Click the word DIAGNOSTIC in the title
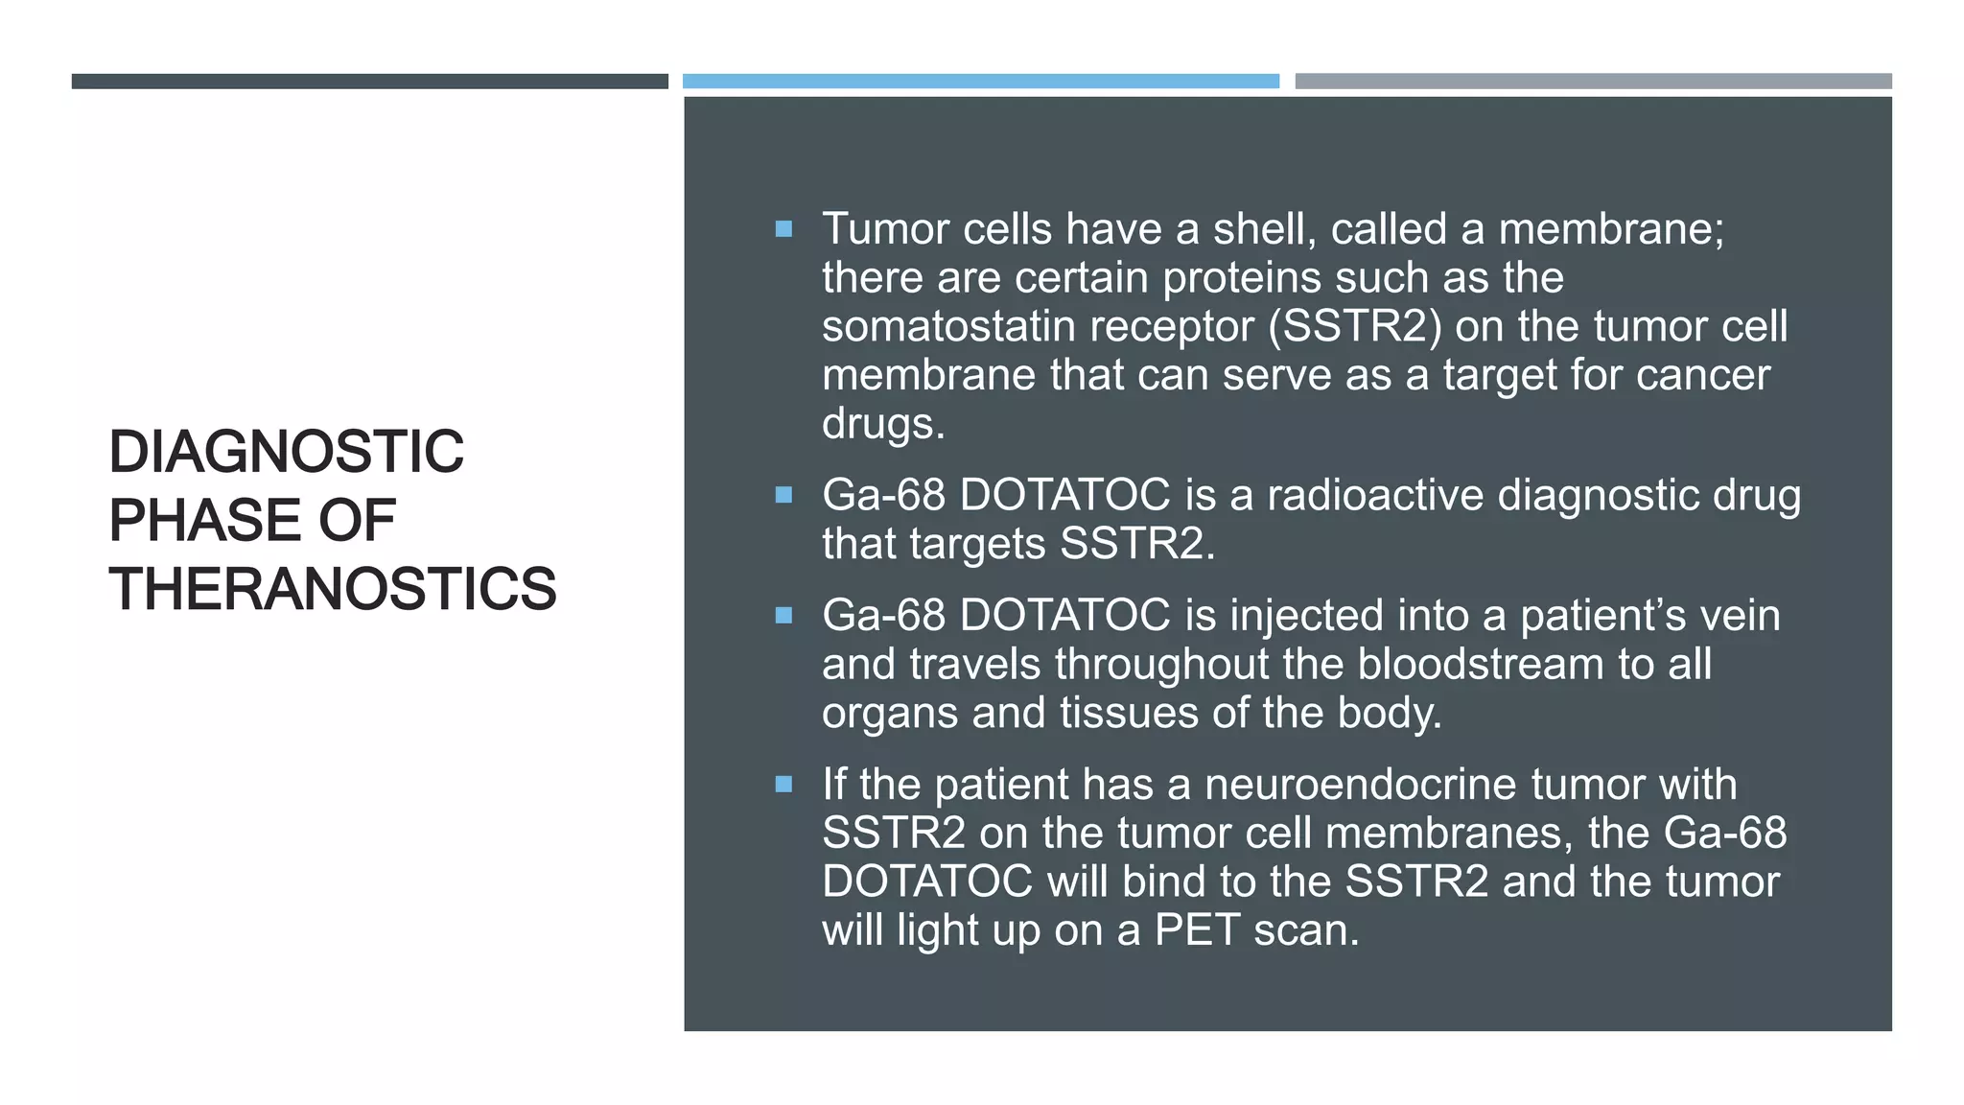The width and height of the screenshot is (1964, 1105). tap(286, 452)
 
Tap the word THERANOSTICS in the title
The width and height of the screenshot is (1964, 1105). tap(332, 588)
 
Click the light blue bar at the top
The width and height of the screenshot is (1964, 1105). tap(980, 82)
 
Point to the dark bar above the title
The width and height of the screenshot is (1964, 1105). tap(369, 82)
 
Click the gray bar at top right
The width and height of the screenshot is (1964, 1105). tap(1593, 82)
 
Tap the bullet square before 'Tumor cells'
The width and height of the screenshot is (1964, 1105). tap(783, 229)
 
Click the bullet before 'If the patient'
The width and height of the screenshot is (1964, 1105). tap(783, 785)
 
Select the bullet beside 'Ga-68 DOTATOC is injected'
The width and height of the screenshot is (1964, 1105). tap(783, 616)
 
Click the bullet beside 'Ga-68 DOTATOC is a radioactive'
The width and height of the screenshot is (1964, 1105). tap(783, 495)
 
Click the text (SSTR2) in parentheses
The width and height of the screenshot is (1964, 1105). tap(1355, 326)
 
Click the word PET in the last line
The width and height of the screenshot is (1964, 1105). tap(1196, 929)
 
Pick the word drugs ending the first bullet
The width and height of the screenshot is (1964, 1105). tap(882, 423)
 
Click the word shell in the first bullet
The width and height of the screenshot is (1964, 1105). tap(1258, 229)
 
